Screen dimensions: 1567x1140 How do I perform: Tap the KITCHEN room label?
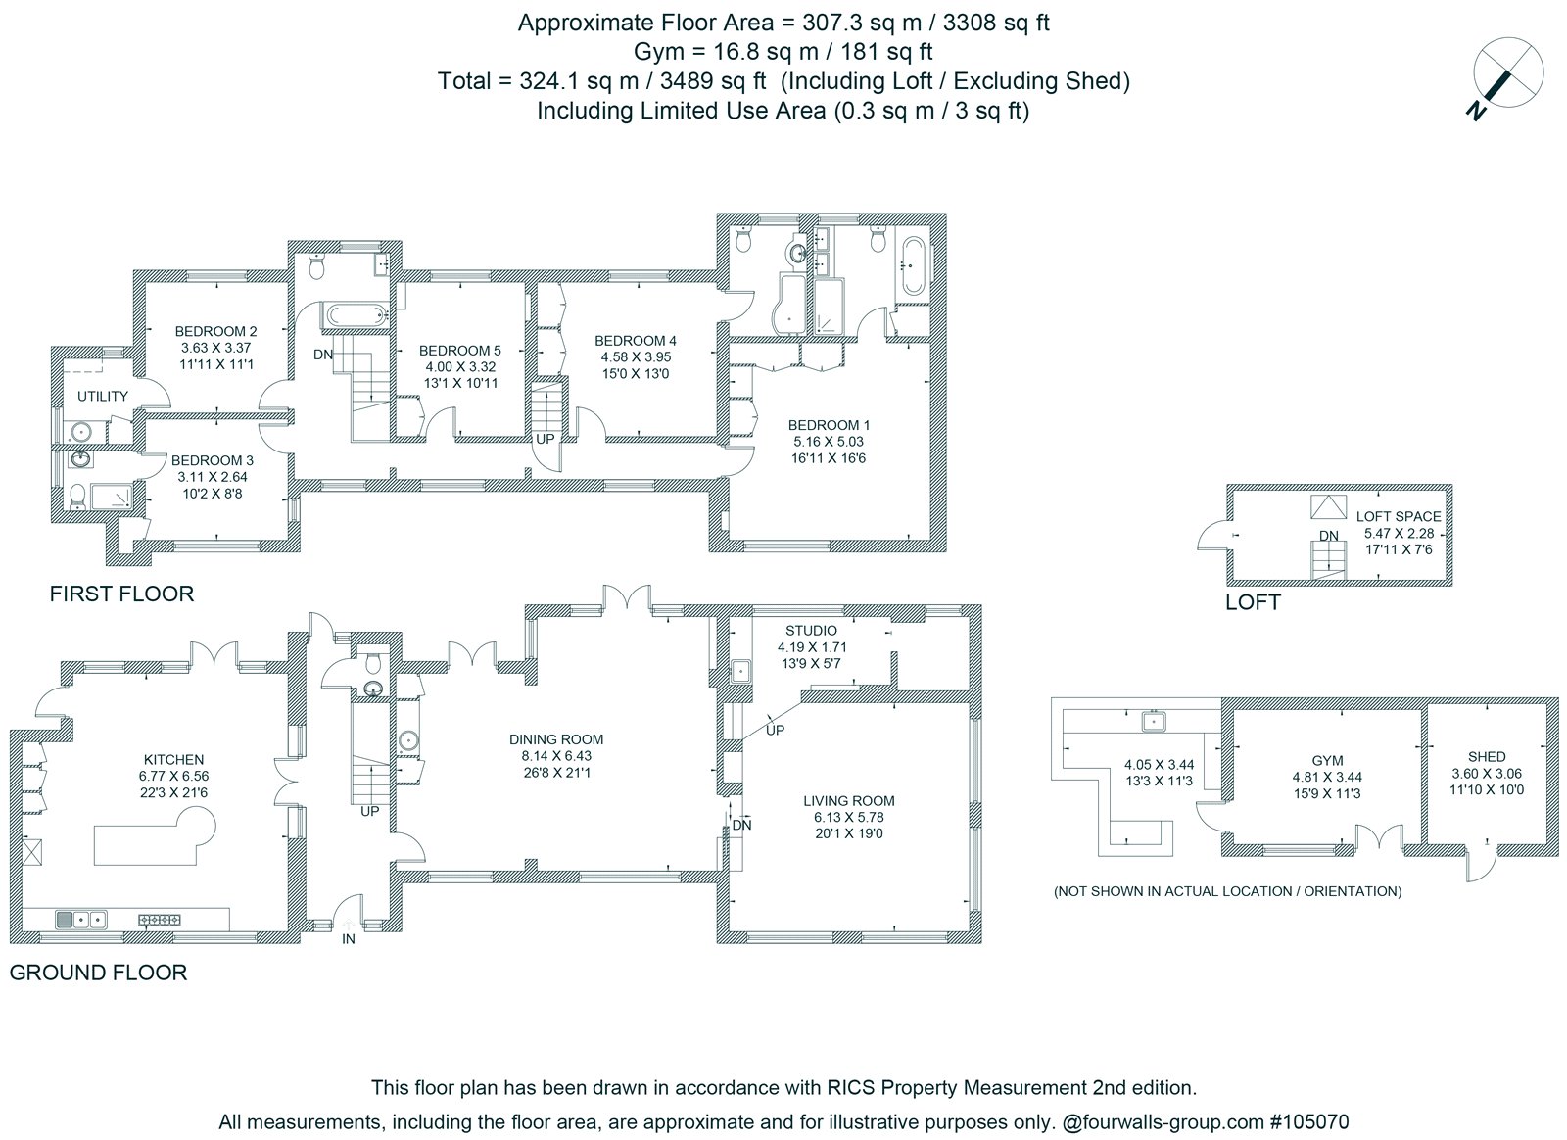point(173,760)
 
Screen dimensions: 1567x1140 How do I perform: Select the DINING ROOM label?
point(556,739)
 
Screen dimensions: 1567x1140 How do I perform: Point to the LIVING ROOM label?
point(848,801)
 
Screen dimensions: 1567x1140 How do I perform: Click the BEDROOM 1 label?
point(829,425)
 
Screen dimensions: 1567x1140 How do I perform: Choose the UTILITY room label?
point(103,397)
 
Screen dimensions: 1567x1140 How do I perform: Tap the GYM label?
point(1327,761)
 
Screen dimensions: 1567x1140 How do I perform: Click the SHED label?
point(1487,757)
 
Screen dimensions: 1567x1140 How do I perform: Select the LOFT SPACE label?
point(1399,517)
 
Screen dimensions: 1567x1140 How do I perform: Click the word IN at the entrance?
point(349,939)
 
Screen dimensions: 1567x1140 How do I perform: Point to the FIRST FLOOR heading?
point(121,594)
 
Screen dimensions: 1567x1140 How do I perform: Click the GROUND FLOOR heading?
point(98,973)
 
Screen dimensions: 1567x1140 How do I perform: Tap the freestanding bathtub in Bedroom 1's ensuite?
point(914,266)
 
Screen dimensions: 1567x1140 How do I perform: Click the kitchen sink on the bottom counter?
point(81,919)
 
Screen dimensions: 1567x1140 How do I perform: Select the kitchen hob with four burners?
point(161,920)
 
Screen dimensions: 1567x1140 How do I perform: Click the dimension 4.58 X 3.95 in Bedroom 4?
point(636,357)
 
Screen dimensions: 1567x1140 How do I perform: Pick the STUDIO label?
point(811,631)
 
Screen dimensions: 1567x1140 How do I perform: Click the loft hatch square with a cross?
point(1328,507)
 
